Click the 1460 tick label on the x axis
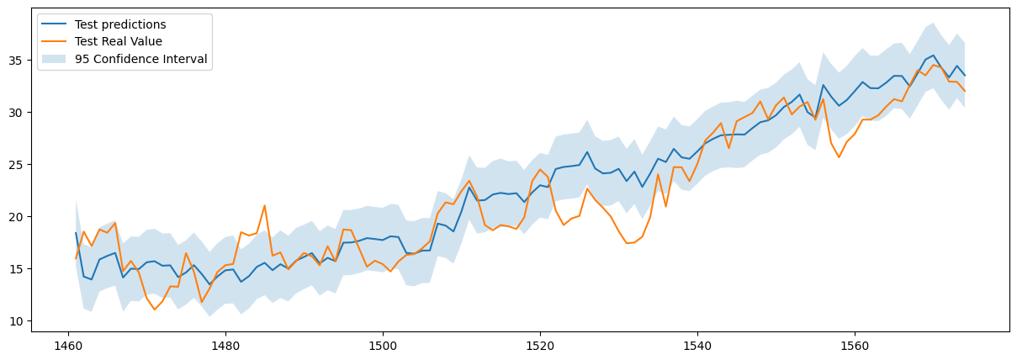67,346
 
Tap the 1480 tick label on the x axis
225,346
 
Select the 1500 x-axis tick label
382,346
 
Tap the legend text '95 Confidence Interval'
140,59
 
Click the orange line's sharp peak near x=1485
264,205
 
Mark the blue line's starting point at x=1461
76,233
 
